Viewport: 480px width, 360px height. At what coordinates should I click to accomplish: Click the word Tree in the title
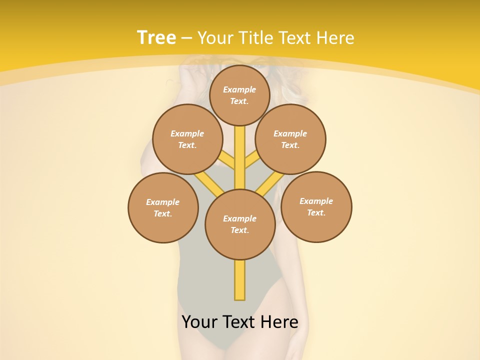(156, 37)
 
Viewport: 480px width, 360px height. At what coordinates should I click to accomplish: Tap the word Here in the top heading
(336, 37)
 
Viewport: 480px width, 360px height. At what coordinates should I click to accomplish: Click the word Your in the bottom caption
(199, 322)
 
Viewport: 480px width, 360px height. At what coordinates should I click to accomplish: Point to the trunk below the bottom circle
(239, 280)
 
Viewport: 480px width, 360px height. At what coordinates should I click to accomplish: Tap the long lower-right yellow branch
(270, 183)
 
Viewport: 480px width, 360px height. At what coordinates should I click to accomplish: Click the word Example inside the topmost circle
(239, 89)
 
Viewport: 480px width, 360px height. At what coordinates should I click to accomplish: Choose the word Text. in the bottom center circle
(239, 230)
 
